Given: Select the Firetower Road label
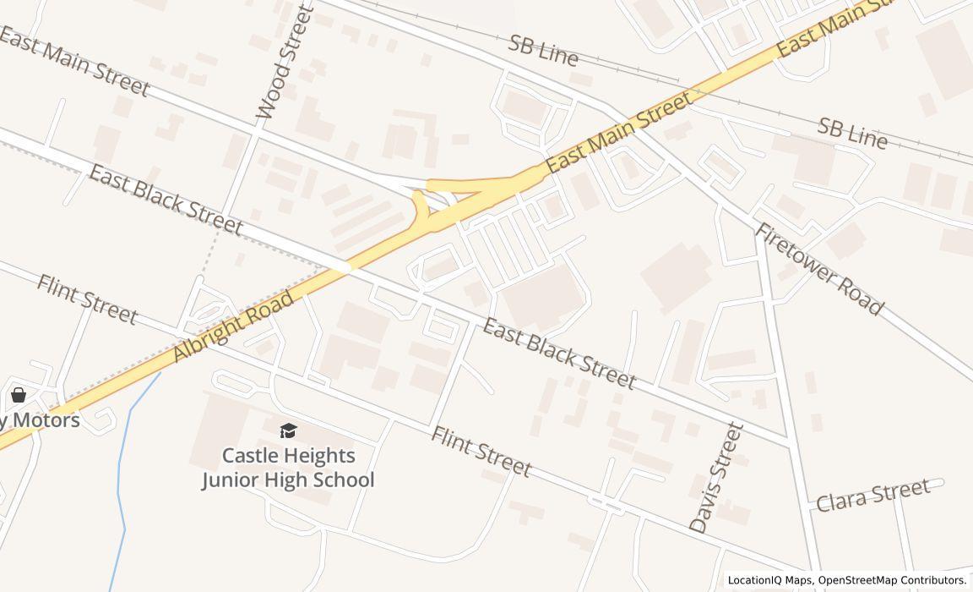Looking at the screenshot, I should coord(818,269).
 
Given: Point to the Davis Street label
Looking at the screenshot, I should coord(716,478).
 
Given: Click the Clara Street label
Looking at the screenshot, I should coord(872,493).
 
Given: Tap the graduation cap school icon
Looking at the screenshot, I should coord(289,431).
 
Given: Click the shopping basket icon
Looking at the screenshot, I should coord(19,395).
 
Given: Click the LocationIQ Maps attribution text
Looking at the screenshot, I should coord(770,580).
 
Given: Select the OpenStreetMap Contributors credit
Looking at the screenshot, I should coord(892,580).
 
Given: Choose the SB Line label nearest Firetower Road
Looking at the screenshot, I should coord(852,134).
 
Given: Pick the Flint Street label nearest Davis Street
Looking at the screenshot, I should coord(481,452).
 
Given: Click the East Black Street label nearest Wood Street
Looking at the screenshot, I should coord(166,200).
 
